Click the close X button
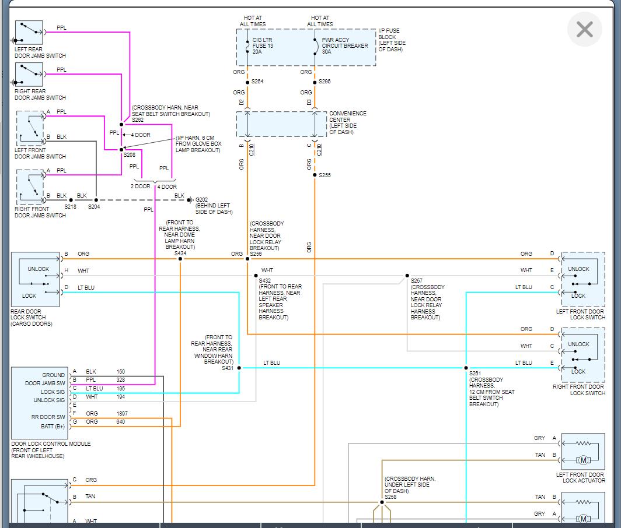(x=584, y=29)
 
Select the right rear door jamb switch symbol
(x=29, y=74)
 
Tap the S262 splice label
(x=138, y=120)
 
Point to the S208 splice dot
(x=121, y=150)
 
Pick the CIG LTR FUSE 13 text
(x=263, y=45)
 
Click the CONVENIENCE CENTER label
(x=348, y=119)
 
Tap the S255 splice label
(x=325, y=175)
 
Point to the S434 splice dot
(x=180, y=259)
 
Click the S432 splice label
(x=266, y=280)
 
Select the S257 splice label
(x=417, y=280)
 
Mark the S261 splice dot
(x=466, y=368)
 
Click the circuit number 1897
(x=121, y=413)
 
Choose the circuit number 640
(x=120, y=421)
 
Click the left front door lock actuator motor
(x=583, y=460)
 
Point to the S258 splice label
(x=391, y=497)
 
